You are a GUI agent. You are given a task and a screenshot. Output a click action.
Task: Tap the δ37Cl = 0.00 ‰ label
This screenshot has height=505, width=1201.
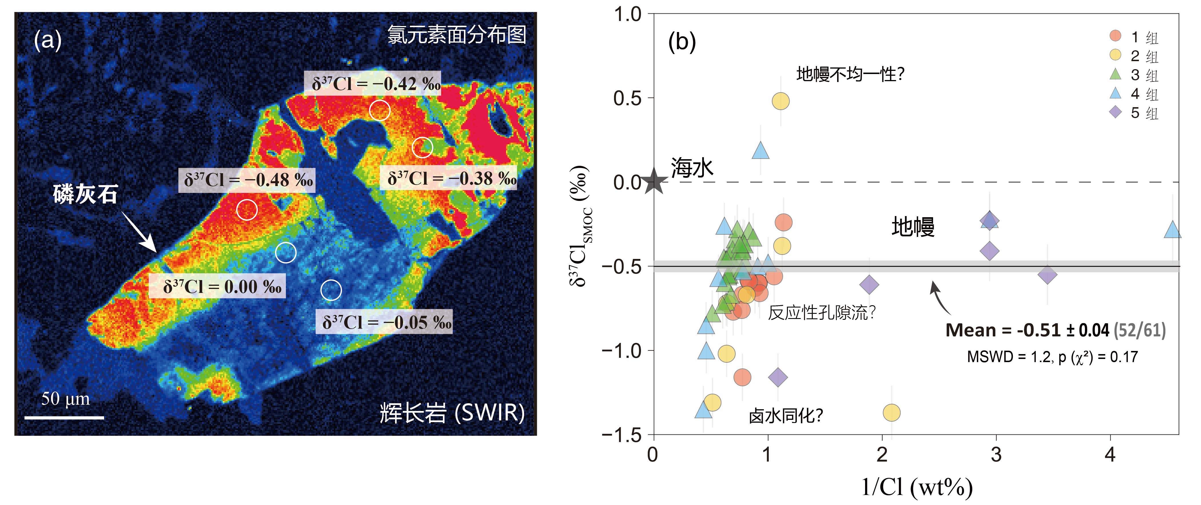pyautogui.click(x=217, y=286)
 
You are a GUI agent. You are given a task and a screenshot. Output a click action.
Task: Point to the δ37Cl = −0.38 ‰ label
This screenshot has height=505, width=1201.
pyautogui.click(x=449, y=178)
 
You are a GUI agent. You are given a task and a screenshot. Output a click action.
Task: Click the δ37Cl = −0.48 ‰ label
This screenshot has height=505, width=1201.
pyautogui.click(x=247, y=180)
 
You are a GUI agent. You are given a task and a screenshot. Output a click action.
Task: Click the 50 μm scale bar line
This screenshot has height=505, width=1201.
pyautogui.click(x=64, y=418)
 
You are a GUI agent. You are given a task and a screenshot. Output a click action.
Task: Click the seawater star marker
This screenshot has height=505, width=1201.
pyautogui.click(x=654, y=182)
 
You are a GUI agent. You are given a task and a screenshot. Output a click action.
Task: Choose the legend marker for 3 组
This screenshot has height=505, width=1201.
pyautogui.click(x=1115, y=74)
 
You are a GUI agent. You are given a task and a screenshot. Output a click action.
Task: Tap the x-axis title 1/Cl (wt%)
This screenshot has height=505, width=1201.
pyautogui.click(x=916, y=487)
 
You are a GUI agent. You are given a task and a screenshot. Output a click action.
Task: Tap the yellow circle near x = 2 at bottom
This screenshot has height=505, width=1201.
pyautogui.click(x=891, y=413)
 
